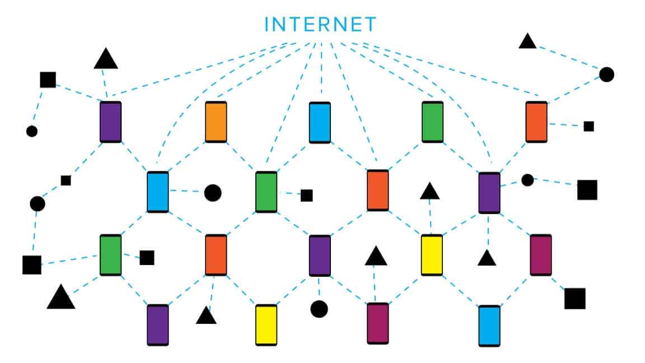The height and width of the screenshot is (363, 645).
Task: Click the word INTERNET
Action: [x=321, y=24]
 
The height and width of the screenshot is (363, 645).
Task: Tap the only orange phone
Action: [x=216, y=122]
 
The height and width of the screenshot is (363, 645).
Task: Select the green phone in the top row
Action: [x=432, y=122]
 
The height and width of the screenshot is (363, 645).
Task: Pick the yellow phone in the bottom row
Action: [x=266, y=325]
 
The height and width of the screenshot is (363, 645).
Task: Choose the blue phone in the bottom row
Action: [x=489, y=325]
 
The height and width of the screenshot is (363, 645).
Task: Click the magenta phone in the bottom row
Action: [x=377, y=323]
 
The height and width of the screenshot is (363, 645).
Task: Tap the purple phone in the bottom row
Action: [x=157, y=325]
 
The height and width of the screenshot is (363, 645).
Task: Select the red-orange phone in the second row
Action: [x=377, y=190]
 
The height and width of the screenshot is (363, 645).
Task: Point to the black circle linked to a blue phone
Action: [x=213, y=192]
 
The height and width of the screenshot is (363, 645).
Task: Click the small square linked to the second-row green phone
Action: [x=306, y=195]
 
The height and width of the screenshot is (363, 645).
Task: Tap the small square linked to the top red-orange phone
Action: [x=588, y=126]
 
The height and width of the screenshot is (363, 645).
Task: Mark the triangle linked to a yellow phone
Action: [x=429, y=192]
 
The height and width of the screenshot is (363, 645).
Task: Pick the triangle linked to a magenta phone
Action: [x=376, y=257]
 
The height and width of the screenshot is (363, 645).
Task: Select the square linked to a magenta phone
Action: [x=574, y=299]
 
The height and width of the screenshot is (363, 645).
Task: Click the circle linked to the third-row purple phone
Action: [x=319, y=308]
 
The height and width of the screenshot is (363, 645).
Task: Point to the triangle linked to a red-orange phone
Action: [x=206, y=316]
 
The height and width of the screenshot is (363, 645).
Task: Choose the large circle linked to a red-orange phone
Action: [x=606, y=74]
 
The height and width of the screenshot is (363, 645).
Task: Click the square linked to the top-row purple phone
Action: [x=48, y=80]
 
